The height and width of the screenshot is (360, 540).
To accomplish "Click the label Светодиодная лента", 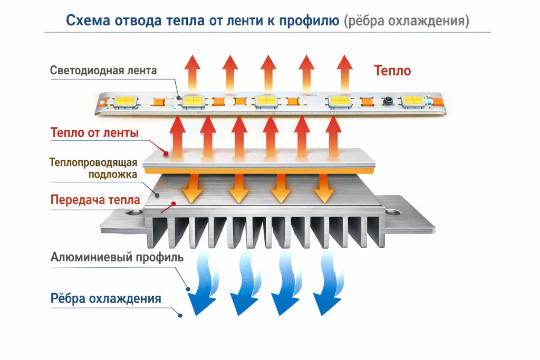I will click(x=103, y=70).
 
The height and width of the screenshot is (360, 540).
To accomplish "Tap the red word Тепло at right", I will click(x=392, y=70).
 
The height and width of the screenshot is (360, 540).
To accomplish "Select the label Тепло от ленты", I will click(x=94, y=133).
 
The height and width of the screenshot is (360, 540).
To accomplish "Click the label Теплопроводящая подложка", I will click(x=94, y=168).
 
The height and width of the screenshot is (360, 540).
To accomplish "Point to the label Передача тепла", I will click(x=95, y=200).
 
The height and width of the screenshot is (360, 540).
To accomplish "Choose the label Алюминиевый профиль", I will click(x=117, y=258).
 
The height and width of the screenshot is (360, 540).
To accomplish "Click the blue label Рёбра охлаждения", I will click(x=105, y=299).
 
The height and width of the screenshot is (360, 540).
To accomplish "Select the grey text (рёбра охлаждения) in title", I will click(x=406, y=21).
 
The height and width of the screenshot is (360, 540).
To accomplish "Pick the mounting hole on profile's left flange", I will click(x=131, y=213).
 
